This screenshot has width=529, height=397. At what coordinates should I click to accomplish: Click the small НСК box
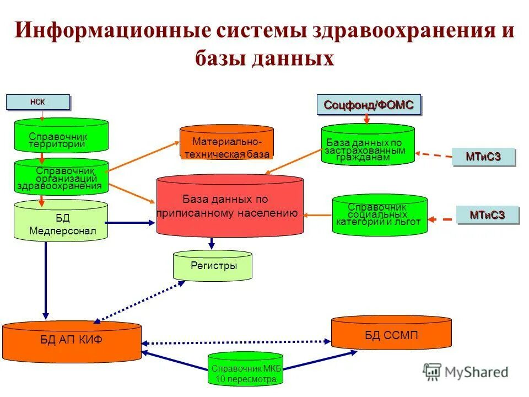pyautogui.click(x=38, y=102)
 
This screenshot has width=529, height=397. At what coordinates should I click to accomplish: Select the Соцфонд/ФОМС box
pyautogui.click(x=369, y=105)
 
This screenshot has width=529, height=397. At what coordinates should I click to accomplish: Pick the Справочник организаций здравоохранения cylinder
pyautogui.click(x=61, y=177)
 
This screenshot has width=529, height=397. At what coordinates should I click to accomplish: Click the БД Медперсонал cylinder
pyautogui.click(x=61, y=222)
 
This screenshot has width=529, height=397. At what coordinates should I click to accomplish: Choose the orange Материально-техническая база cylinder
pyautogui.click(x=227, y=143)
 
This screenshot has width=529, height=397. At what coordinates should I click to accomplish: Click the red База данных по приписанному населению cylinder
pyautogui.click(x=230, y=206)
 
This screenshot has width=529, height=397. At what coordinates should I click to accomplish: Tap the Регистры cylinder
pyautogui.click(x=213, y=266)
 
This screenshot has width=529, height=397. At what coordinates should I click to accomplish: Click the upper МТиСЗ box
pyautogui.click(x=483, y=157)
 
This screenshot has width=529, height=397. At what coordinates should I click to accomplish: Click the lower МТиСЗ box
pyautogui.click(x=488, y=214)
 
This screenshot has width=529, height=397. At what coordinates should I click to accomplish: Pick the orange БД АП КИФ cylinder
pyautogui.click(x=72, y=341)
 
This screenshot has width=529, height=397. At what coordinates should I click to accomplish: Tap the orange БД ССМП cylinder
pyautogui.click(x=391, y=334)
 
